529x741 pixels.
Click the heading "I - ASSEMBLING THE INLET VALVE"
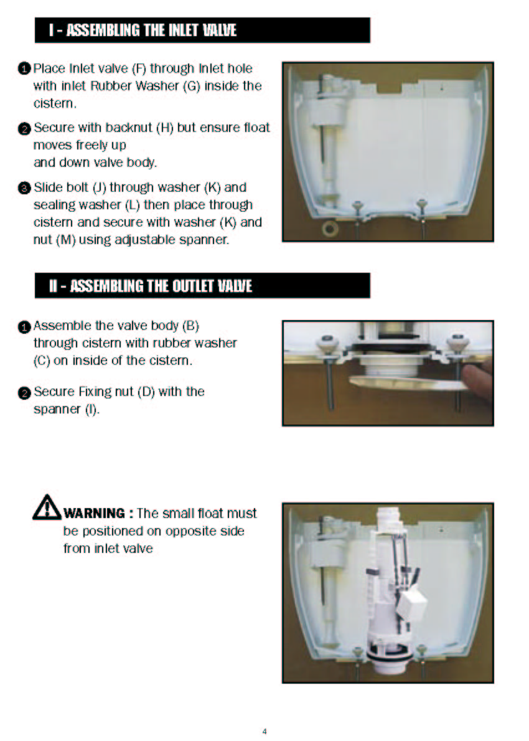point(142,31)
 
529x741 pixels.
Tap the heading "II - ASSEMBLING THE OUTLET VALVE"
point(150,286)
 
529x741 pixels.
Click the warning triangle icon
point(47,507)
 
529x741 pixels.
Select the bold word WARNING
point(94,513)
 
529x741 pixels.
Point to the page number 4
point(264,731)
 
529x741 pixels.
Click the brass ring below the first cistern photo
point(330,229)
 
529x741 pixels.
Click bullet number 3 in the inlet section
point(24,188)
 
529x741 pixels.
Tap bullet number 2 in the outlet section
point(24,393)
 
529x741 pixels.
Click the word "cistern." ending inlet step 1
point(55,103)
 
